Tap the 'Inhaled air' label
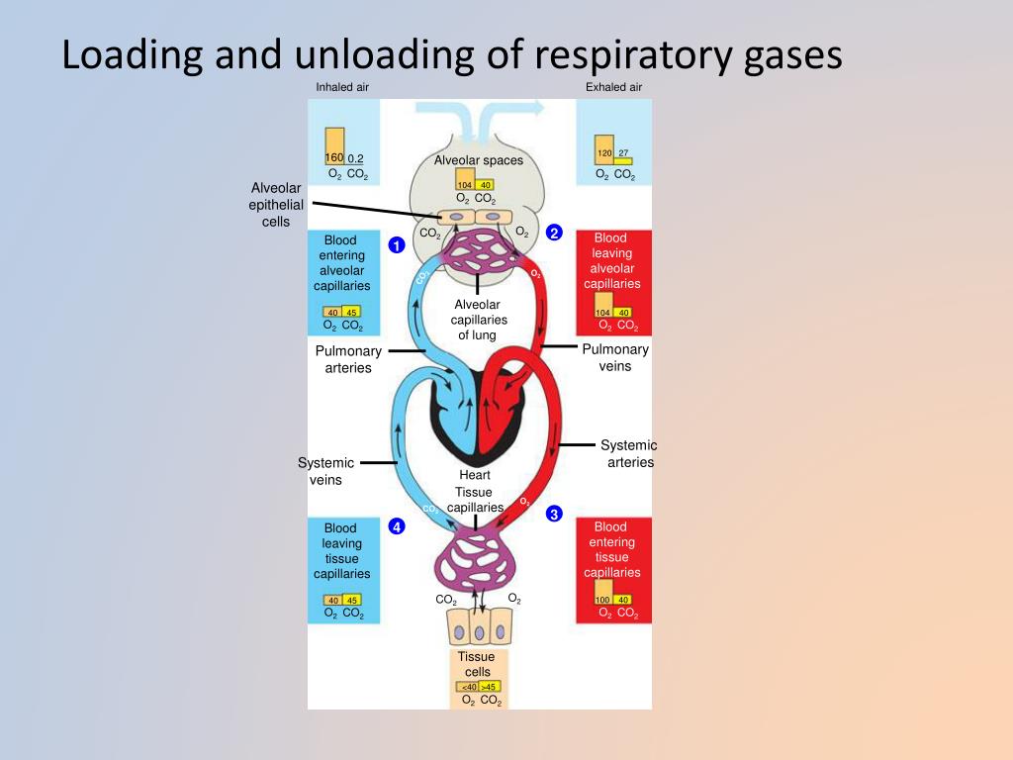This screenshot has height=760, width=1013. [x=343, y=87]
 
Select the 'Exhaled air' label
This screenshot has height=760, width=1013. [x=613, y=87]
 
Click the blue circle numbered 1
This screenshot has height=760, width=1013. [x=396, y=244]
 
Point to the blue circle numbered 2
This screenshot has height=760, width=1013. [x=554, y=233]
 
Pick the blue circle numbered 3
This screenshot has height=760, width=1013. [x=554, y=514]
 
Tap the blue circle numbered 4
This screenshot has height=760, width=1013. [x=396, y=526]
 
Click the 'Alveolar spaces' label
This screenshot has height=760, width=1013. [x=479, y=160]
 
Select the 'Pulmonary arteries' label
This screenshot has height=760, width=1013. [x=348, y=359]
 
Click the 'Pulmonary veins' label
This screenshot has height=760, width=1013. [x=615, y=357]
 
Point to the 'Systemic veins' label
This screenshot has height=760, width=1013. [x=325, y=471]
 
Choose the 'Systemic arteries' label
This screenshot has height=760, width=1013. [x=630, y=453]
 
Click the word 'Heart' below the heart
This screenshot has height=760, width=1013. [x=475, y=475]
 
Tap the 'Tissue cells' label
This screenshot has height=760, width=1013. [x=477, y=664]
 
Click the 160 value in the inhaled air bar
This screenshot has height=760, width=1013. [x=334, y=158]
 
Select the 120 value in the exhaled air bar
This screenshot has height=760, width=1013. [x=604, y=153]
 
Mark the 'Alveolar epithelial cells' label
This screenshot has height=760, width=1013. [x=276, y=205]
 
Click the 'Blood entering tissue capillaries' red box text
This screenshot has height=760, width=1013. [x=611, y=549]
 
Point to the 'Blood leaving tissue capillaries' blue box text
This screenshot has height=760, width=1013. [x=342, y=551]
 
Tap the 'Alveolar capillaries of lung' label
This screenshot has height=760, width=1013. [x=479, y=320]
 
